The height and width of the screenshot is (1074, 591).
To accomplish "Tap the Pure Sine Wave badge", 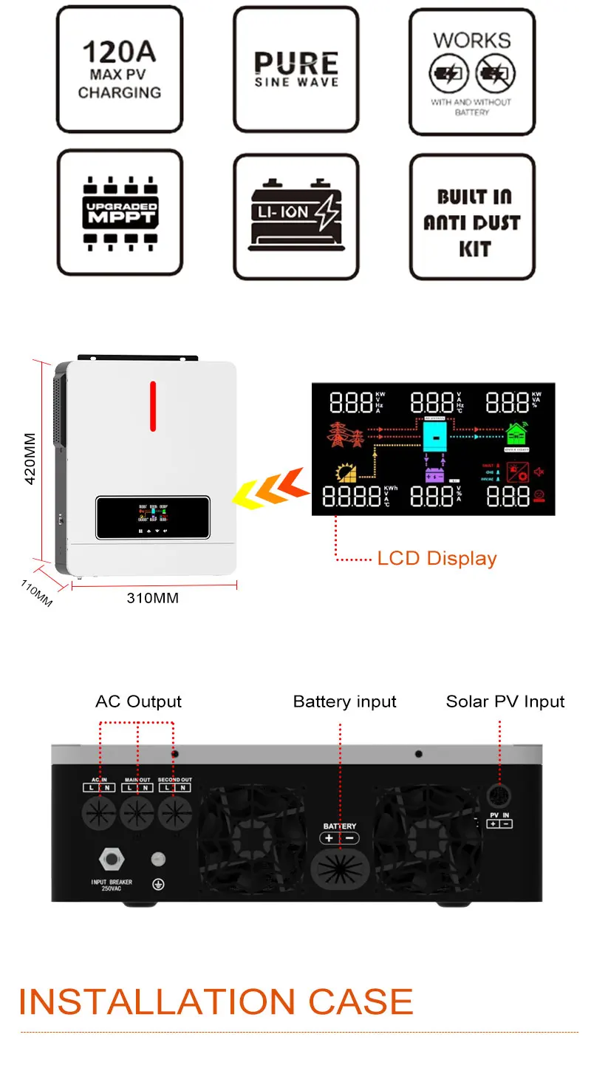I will coord(296,69).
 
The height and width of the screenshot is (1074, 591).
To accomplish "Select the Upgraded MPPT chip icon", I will coord(120,212).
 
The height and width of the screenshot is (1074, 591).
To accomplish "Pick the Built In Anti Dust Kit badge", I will coord(472,222).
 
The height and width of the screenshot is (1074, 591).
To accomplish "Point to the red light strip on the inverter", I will coord(153,405).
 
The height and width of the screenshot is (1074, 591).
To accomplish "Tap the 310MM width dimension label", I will coord(153,598).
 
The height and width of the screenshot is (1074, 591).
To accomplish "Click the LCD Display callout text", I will coord(437,559).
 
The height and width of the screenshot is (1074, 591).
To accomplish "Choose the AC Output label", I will coord(138,701).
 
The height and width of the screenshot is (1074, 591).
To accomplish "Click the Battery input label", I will coord(344,701).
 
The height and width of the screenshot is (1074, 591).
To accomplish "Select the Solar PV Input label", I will coord(505,701).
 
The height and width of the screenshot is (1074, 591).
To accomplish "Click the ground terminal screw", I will coord(157,859).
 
